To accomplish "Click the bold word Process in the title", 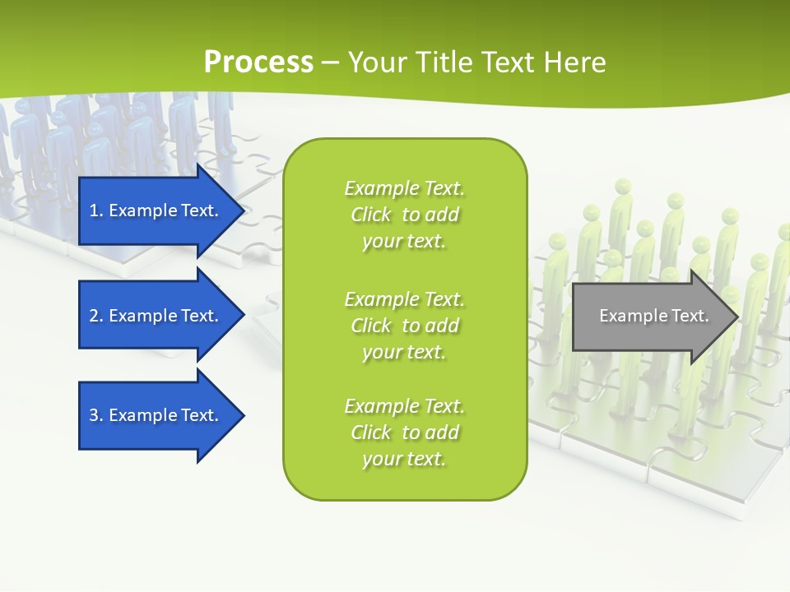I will (258, 62).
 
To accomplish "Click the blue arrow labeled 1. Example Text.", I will (154, 210).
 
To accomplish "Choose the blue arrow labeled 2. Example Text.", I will (154, 316).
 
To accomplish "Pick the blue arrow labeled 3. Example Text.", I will (154, 415).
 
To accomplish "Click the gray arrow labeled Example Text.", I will (653, 316).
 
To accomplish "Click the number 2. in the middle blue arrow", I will (96, 316).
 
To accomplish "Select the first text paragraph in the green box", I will (404, 215).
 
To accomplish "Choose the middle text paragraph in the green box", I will (404, 326).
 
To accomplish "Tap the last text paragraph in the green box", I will (404, 432).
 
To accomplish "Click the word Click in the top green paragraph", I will (371, 215).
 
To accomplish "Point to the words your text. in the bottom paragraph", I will (404, 459).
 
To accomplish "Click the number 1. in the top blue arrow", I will (95, 210).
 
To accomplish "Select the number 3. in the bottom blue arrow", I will (96, 415).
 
